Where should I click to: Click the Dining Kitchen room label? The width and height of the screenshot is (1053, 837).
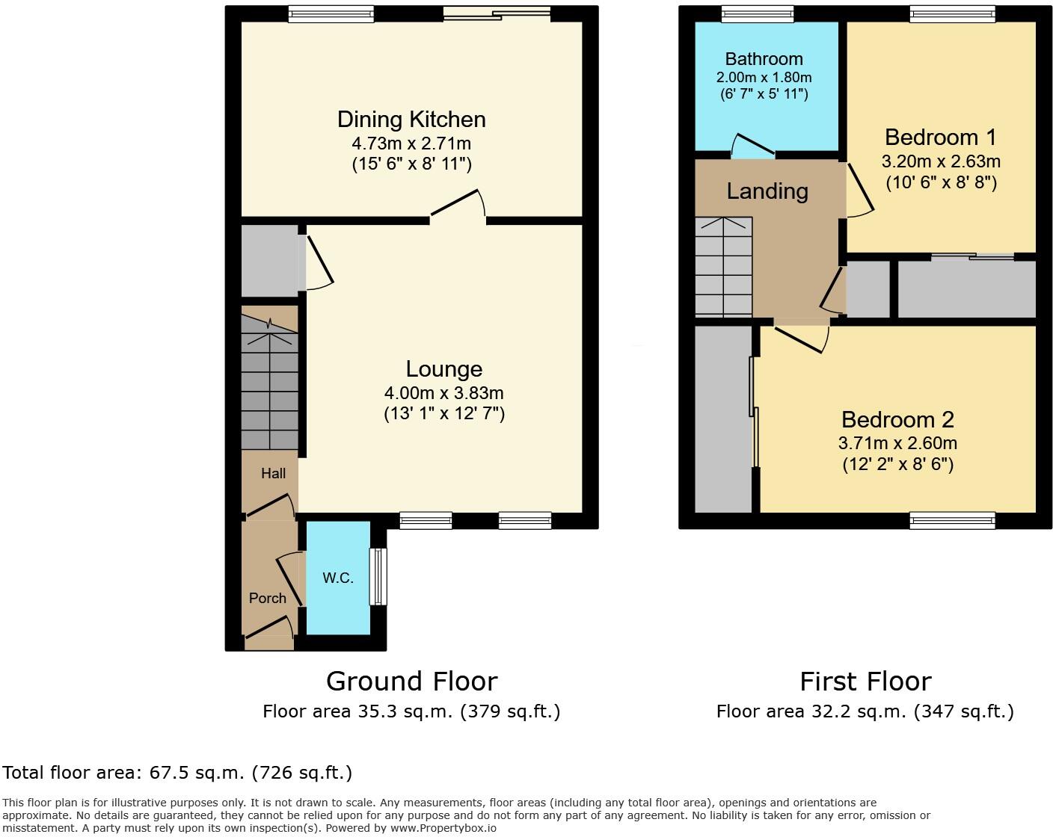click(411, 120)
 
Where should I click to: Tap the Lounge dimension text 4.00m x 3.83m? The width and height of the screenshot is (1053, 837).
click(443, 393)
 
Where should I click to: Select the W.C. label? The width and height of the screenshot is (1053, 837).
click(338, 578)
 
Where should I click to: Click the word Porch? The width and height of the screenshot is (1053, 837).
click(268, 598)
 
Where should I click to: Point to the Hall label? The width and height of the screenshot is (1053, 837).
click(273, 473)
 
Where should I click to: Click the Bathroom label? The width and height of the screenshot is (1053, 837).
click(764, 59)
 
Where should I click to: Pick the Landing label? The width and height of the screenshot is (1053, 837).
click(767, 191)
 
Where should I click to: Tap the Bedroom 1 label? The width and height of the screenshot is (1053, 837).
click(941, 138)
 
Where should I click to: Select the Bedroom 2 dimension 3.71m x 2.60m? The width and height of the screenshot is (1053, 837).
click(897, 443)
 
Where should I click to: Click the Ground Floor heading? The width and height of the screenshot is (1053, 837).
click(411, 682)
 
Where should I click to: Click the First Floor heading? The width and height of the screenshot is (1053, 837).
click(865, 682)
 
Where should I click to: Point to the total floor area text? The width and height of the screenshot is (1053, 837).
click(177, 772)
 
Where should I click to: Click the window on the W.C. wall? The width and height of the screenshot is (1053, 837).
click(379, 577)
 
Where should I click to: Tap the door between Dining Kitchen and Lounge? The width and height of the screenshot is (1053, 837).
click(458, 206)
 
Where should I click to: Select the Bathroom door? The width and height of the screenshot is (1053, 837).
click(752, 146)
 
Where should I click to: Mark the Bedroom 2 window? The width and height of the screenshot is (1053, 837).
click(952, 520)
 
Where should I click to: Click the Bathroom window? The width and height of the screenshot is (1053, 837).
click(758, 13)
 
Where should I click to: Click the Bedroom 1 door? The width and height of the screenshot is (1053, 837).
click(859, 190)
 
